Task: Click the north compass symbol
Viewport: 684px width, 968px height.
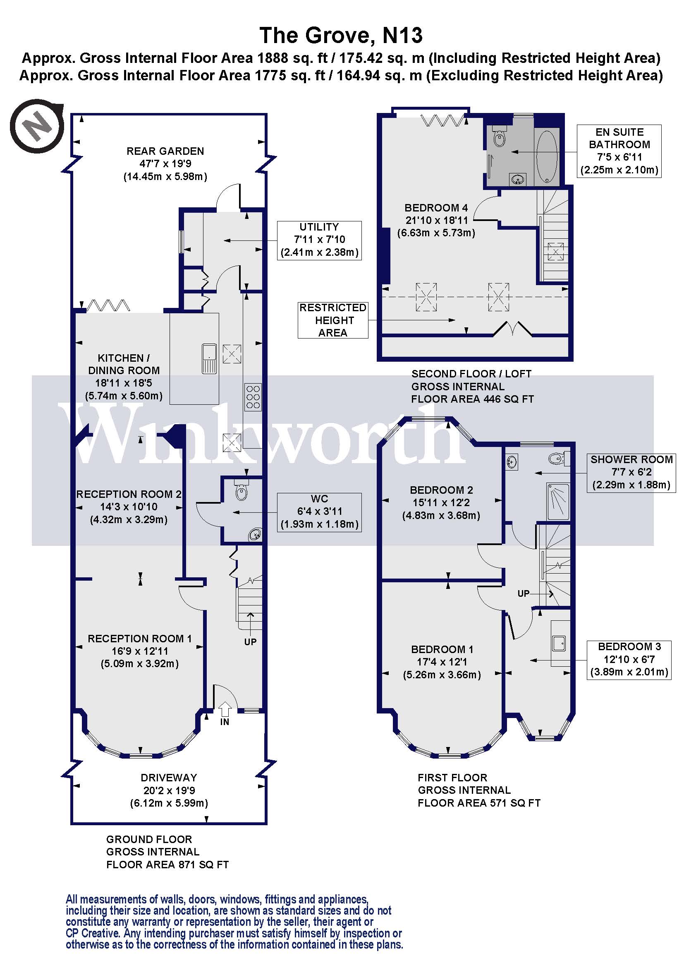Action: pyautogui.click(x=37, y=126)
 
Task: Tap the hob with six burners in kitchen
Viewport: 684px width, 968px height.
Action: pyautogui.click(x=253, y=397)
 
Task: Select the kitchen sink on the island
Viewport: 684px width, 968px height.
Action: pyautogui.click(x=209, y=359)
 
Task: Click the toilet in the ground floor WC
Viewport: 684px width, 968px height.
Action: pyautogui.click(x=242, y=491)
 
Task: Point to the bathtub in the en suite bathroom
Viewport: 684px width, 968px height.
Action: pyautogui.click(x=547, y=156)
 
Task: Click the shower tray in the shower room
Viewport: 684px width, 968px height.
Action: pyautogui.click(x=557, y=501)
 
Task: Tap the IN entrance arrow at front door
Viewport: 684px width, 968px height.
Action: pyautogui.click(x=225, y=709)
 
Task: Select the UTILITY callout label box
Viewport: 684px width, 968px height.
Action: pyautogui.click(x=319, y=240)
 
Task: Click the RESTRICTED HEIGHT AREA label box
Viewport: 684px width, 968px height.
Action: pyautogui.click(x=333, y=320)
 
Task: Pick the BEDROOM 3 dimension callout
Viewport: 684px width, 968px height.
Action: pyautogui.click(x=629, y=659)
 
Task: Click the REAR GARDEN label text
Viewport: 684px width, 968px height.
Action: pyautogui.click(x=165, y=151)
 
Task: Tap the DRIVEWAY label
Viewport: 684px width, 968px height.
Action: pyautogui.click(x=169, y=778)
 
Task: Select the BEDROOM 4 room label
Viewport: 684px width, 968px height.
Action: pyautogui.click(x=436, y=208)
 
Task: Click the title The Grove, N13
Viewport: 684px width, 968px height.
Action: pyautogui.click(x=341, y=35)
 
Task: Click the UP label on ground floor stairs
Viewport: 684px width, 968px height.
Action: pyautogui.click(x=250, y=642)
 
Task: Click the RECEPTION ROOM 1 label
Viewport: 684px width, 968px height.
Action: pyautogui.click(x=139, y=638)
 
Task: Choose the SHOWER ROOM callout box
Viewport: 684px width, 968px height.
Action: pyautogui.click(x=631, y=473)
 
